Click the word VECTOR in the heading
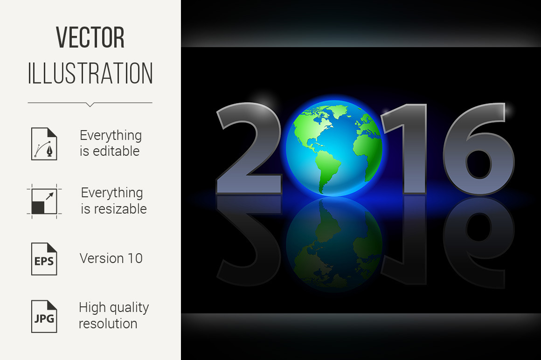[x=90, y=37]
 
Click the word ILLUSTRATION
[x=90, y=73]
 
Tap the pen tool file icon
[x=44, y=144]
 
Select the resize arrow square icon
[x=44, y=201]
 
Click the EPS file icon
[x=44, y=259]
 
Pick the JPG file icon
[x=44, y=316]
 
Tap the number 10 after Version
[x=135, y=258]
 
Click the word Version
[x=102, y=258]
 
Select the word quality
[x=128, y=308]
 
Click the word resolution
[x=108, y=324]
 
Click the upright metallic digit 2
[x=249, y=148]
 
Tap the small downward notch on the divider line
[x=90, y=105]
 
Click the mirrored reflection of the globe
[x=334, y=244]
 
